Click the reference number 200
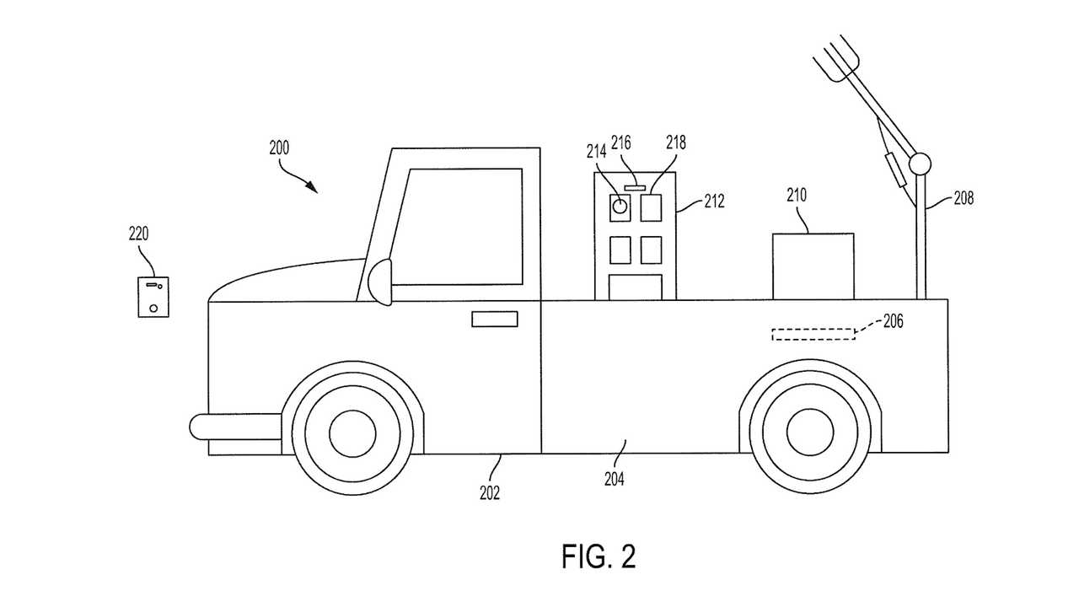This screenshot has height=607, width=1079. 279,148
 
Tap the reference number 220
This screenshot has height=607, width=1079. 138,234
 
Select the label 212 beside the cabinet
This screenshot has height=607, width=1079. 714,201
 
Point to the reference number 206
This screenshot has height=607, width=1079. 893,321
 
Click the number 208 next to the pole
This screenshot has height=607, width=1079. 964,198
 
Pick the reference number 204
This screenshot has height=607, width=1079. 615,479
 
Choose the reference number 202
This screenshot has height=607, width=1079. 490,493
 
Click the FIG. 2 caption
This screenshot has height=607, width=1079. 599,557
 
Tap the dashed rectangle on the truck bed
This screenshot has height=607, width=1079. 813,335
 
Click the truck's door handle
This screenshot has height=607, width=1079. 495,319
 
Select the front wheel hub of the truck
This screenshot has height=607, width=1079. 352,433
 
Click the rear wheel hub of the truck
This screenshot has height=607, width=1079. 810,432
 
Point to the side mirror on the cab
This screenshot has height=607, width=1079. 380,282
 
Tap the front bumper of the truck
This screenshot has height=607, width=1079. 235,427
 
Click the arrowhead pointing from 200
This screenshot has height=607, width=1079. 313,187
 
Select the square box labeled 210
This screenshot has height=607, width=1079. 813,266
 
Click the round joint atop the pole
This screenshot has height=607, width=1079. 920,164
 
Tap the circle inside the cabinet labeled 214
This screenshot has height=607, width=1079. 620,207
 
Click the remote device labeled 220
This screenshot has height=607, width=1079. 153,297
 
